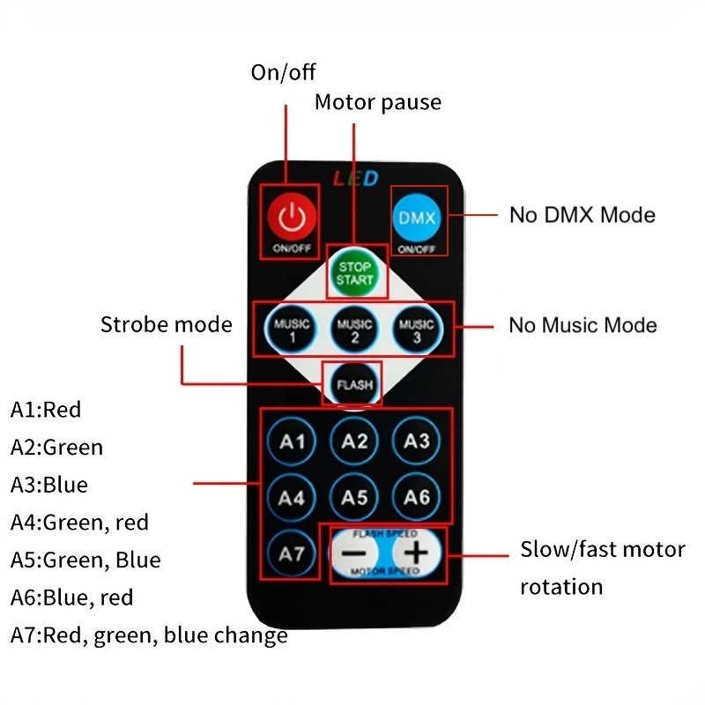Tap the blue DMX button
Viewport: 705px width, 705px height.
[416, 218]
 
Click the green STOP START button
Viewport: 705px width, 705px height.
[355, 272]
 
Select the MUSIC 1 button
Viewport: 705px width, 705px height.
[292, 330]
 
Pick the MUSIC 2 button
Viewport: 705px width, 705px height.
[354, 330]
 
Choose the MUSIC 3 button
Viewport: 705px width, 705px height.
[417, 330]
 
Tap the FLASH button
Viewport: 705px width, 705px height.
[355, 385]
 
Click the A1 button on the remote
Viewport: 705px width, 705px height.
[292, 442]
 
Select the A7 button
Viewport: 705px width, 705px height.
[292, 553]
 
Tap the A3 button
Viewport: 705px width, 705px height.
[416, 442]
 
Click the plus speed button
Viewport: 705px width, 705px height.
[416, 553]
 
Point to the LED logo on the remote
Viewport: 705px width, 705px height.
[356, 179]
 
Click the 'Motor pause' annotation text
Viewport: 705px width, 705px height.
[378, 102]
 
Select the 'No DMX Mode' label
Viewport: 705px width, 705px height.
[583, 215]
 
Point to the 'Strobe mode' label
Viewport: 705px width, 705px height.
[167, 324]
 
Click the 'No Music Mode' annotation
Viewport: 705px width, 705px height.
[583, 325]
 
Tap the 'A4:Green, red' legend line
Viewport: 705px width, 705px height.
[79, 523]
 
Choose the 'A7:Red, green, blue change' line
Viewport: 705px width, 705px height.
[149, 635]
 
